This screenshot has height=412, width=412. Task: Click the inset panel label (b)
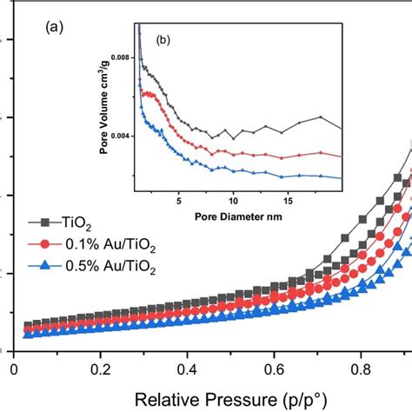163,39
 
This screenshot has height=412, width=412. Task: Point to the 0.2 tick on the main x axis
101,368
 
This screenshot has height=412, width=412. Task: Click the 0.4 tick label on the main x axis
188,368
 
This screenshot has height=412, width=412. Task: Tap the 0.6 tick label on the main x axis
275,368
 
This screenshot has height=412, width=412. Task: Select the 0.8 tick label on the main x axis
362,368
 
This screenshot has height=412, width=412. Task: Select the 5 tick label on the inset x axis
178,197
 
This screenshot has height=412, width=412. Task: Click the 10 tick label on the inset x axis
233,197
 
